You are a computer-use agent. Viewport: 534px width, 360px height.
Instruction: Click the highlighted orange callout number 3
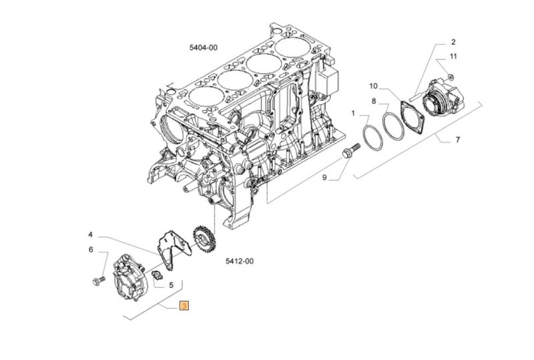click(184, 306)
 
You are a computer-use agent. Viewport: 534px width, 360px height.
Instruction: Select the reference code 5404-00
click(204, 47)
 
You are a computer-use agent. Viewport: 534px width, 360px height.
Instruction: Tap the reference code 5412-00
click(240, 261)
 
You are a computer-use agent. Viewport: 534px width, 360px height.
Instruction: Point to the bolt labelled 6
click(98, 281)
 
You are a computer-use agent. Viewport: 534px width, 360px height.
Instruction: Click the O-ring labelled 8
click(393, 126)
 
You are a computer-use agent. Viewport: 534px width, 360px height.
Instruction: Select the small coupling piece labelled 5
click(158, 275)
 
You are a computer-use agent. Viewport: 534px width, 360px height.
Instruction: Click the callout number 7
click(458, 140)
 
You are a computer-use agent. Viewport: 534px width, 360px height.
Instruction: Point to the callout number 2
click(453, 42)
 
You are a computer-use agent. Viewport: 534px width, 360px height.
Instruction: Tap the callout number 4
click(90, 234)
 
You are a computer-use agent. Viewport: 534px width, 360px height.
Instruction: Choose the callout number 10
click(374, 86)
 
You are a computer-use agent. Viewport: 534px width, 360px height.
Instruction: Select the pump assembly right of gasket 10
click(443, 98)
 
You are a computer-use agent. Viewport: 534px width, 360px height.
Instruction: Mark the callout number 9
click(324, 177)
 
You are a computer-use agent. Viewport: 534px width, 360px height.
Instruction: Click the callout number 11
click(453, 56)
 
